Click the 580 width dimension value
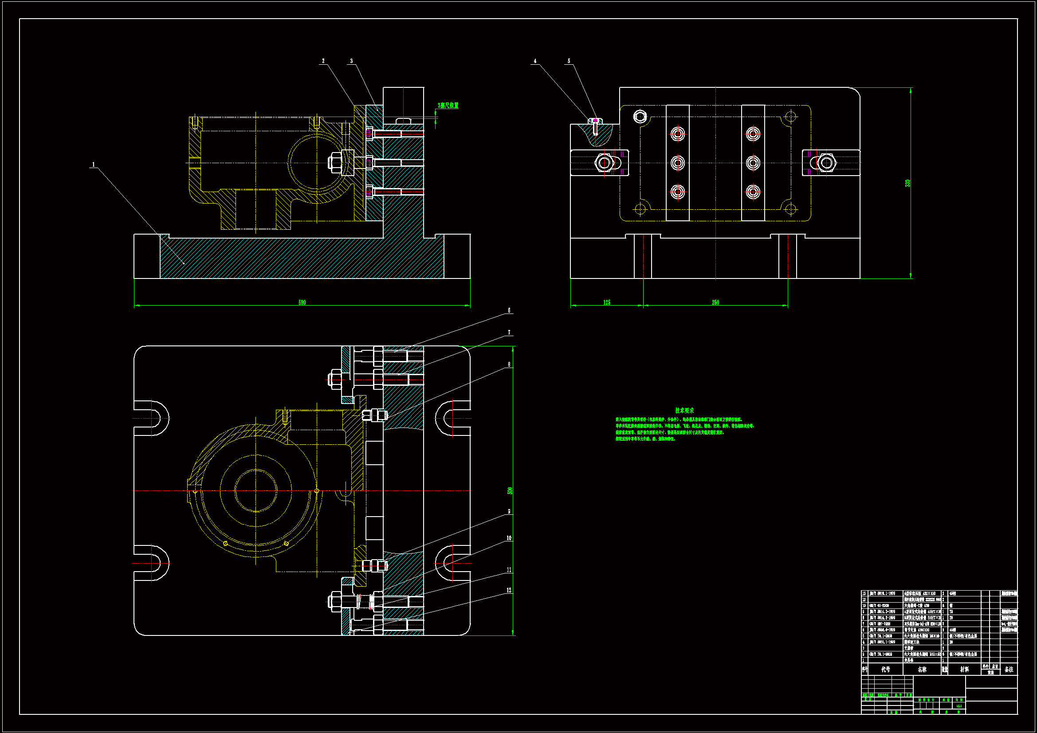click(x=302, y=302)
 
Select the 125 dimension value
click(x=607, y=302)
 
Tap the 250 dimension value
click(x=715, y=302)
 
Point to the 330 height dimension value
click(x=908, y=183)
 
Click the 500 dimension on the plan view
click(x=510, y=490)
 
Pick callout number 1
click(x=94, y=165)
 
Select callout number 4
click(x=535, y=61)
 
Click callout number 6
click(x=509, y=310)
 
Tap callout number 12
click(x=509, y=590)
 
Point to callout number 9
click(x=509, y=511)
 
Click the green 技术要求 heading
click(x=684, y=411)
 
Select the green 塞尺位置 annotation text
click(x=448, y=105)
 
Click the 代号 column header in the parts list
click(x=885, y=669)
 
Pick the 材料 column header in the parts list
click(x=964, y=669)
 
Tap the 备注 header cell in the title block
click(x=1009, y=669)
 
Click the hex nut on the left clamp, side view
click(x=604, y=163)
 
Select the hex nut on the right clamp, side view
click(x=826, y=163)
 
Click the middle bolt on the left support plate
click(x=677, y=163)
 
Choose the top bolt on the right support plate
click(x=753, y=133)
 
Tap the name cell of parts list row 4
click(x=921, y=642)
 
